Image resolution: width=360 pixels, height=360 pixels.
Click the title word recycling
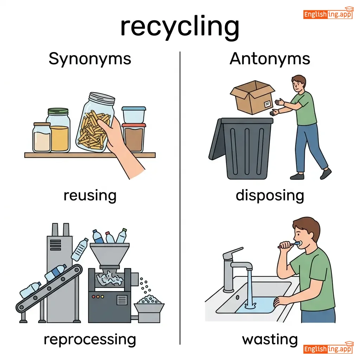(180, 27)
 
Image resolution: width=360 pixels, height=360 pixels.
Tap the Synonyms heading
(90, 59)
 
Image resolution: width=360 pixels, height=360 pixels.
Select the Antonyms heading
(270, 59)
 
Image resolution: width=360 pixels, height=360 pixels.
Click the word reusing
(90, 195)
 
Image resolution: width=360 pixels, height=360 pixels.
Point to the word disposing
(270, 195)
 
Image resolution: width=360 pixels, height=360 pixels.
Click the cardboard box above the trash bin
(252, 97)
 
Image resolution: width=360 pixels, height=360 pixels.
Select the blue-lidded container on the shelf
(134, 115)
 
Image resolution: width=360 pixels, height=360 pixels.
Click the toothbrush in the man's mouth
(290, 245)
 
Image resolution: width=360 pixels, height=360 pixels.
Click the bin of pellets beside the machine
(149, 309)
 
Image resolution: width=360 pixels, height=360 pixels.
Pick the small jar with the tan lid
(42, 137)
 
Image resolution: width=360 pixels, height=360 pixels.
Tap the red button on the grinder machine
(94, 297)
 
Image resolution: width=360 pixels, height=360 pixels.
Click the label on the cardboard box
(268, 104)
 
